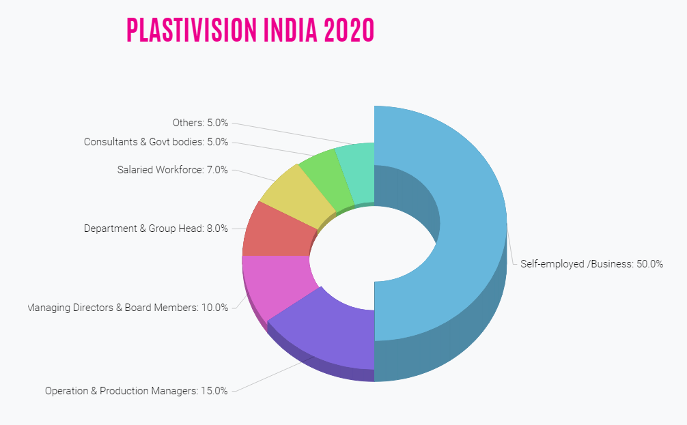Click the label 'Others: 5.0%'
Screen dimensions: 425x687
point(200,123)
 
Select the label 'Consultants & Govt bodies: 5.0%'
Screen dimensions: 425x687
point(156,143)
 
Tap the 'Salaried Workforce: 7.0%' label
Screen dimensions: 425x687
point(172,170)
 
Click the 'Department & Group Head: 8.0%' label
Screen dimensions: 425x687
point(156,229)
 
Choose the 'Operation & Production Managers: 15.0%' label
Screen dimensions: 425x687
point(136,392)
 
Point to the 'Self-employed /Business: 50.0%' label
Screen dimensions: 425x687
point(591,264)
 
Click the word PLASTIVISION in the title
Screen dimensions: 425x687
point(188,30)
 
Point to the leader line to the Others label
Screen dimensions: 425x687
point(287,134)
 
